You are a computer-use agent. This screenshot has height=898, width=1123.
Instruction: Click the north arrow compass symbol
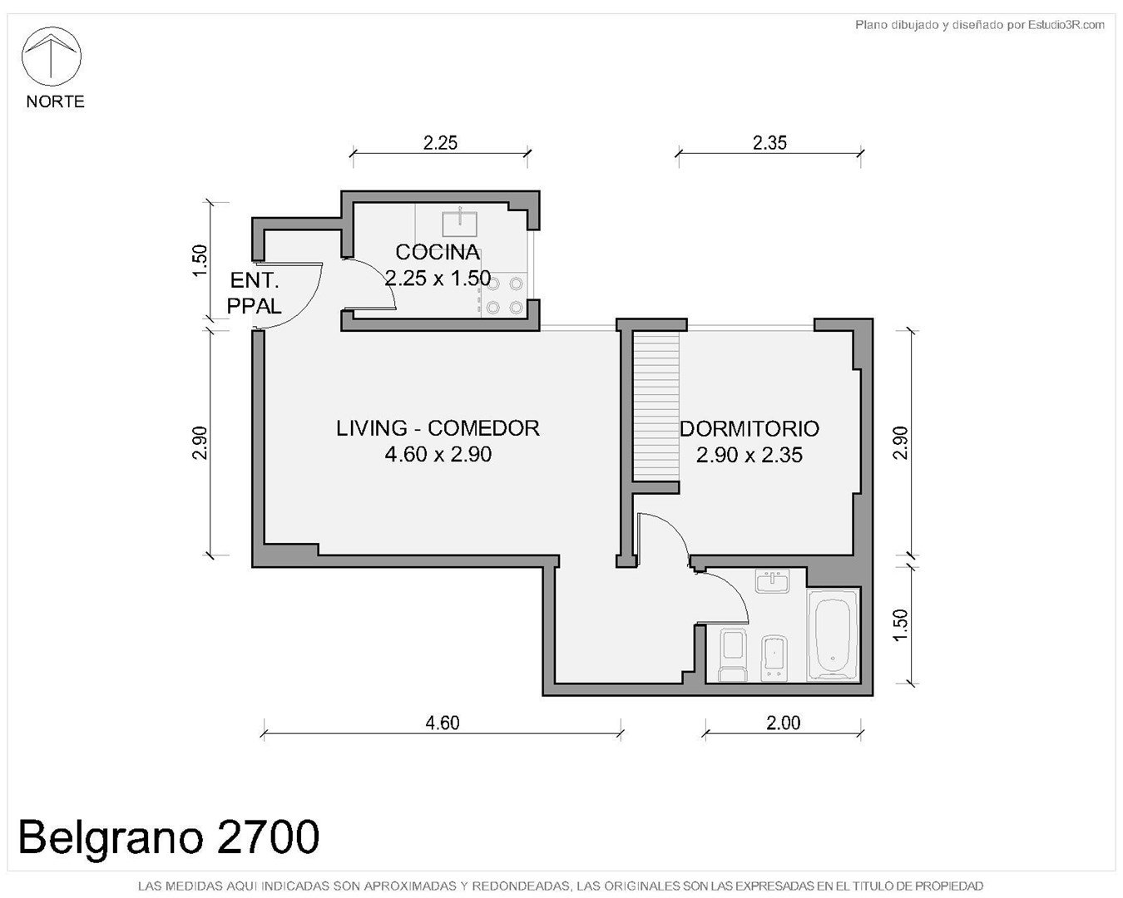coord(51,57)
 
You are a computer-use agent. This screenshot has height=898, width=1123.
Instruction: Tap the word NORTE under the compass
coord(55,101)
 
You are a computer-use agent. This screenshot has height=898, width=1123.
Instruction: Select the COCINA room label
coord(438,253)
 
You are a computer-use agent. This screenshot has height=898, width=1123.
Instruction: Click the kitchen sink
coord(459,224)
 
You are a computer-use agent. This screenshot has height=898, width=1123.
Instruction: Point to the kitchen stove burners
coord(504,296)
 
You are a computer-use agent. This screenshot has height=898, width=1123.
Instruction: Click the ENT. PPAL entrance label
coord(255,294)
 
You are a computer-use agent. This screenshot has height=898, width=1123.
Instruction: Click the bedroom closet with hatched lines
coord(656,406)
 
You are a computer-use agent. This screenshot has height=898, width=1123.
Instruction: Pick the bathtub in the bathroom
coord(833,634)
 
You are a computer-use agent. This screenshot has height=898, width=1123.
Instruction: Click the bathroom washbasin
coord(772,580)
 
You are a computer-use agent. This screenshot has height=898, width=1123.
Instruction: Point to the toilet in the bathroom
coord(733,656)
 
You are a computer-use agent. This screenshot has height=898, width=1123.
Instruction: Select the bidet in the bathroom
coord(774,658)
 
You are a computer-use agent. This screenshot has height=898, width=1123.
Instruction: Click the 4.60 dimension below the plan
coord(443,723)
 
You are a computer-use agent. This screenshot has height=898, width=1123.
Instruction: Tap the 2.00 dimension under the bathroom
coord(783,723)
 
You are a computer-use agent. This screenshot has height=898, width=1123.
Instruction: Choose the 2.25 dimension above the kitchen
coord(440,143)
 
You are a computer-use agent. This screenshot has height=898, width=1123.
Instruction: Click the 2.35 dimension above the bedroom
coord(769,143)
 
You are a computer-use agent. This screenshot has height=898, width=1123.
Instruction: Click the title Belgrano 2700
coord(169,837)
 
